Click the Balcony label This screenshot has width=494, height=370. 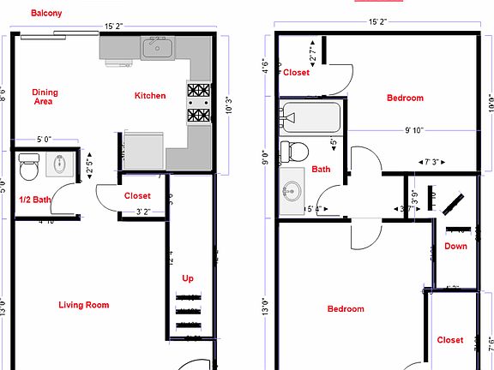click(x=45, y=13)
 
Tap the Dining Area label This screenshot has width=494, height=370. click(x=45, y=97)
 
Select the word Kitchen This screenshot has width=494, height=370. click(x=150, y=96)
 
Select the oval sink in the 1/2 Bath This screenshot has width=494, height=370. click(x=59, y=164)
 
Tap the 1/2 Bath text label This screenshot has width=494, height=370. click(x=35, y=200)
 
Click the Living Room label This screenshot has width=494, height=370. click(x=83, y=305)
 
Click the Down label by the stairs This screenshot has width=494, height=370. click(x=456, y=247)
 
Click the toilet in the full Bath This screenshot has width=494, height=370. click(x=296, y=152)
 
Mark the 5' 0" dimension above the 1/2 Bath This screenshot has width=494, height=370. click(x=45, y=139)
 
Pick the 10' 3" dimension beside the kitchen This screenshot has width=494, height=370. click(x=227, y=109)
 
